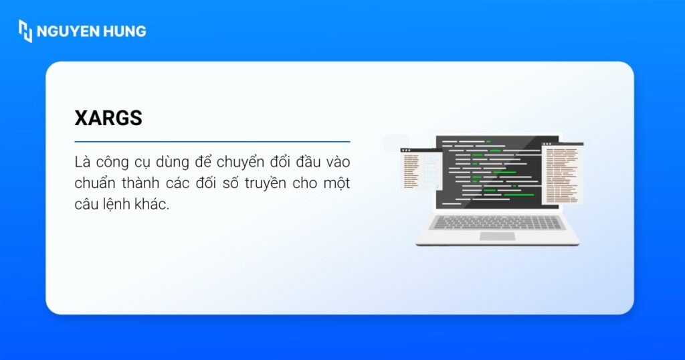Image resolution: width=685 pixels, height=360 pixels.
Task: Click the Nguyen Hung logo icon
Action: [25, 31]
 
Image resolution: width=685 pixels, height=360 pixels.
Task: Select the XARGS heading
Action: [108, 118]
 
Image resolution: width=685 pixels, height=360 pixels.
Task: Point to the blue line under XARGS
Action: [212, 142]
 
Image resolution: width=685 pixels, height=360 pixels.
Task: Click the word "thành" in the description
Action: [146, 183]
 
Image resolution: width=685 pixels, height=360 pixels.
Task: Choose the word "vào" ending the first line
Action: [336, 163]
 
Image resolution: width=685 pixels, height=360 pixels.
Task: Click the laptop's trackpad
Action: [497, 236]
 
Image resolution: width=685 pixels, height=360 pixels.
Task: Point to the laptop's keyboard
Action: [497, 222]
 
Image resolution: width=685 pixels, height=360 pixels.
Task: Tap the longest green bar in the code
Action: [519, 195]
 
